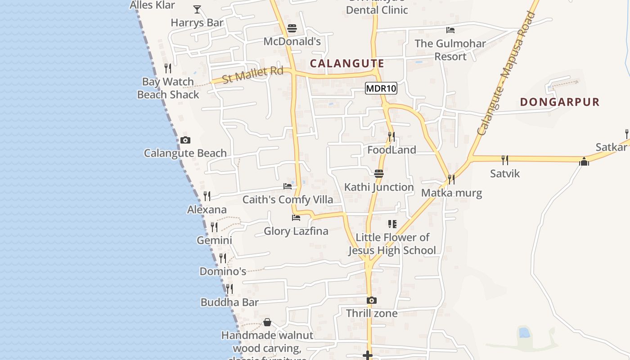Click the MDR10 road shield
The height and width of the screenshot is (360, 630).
pyautogui.click(x=381, y=88)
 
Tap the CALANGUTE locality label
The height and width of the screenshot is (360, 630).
pyautogui.click(x=347, y=63)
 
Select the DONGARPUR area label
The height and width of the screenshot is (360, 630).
pyautogui.click(x=560, y=102)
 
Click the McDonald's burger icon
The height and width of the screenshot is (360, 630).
pyautogui.click(x=292, y=28)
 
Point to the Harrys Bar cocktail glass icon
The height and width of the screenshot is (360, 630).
pyautogui.click(x=197, y=9)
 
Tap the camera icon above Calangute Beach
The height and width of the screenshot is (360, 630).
pyautogui.click(x=185, y=140)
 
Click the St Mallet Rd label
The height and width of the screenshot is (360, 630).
pyautogui.click(x=253, y=75)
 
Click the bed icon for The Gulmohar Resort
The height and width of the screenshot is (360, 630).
pyautogui.click(x=450, y=30)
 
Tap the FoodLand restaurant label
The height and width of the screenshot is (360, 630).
pyautogui.click(x=391, y=150)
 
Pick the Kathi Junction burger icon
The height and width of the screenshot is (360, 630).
pyautogui.click(x=379, y=174)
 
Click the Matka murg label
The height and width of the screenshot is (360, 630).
pyautogui.click(x=451, y=193)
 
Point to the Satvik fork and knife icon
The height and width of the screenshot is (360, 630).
pyautogui.click(x=505, y=160)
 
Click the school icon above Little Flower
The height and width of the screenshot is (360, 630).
pyautogui.click(x=392, y=224)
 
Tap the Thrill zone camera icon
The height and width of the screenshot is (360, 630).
pyautogui.click(x=371, y=300)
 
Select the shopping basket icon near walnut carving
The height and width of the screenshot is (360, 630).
pyautogui.click(x=267, y=322)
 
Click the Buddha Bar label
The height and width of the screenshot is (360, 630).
pyautogui.click(x=229, y=302)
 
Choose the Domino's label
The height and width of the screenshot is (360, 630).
pyautogui.click(x=223, y=271)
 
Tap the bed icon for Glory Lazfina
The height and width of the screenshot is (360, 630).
pyautogui.click(x=296, y=218)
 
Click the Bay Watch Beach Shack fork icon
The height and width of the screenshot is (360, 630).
pyautogui.click(x=168, y=68)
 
